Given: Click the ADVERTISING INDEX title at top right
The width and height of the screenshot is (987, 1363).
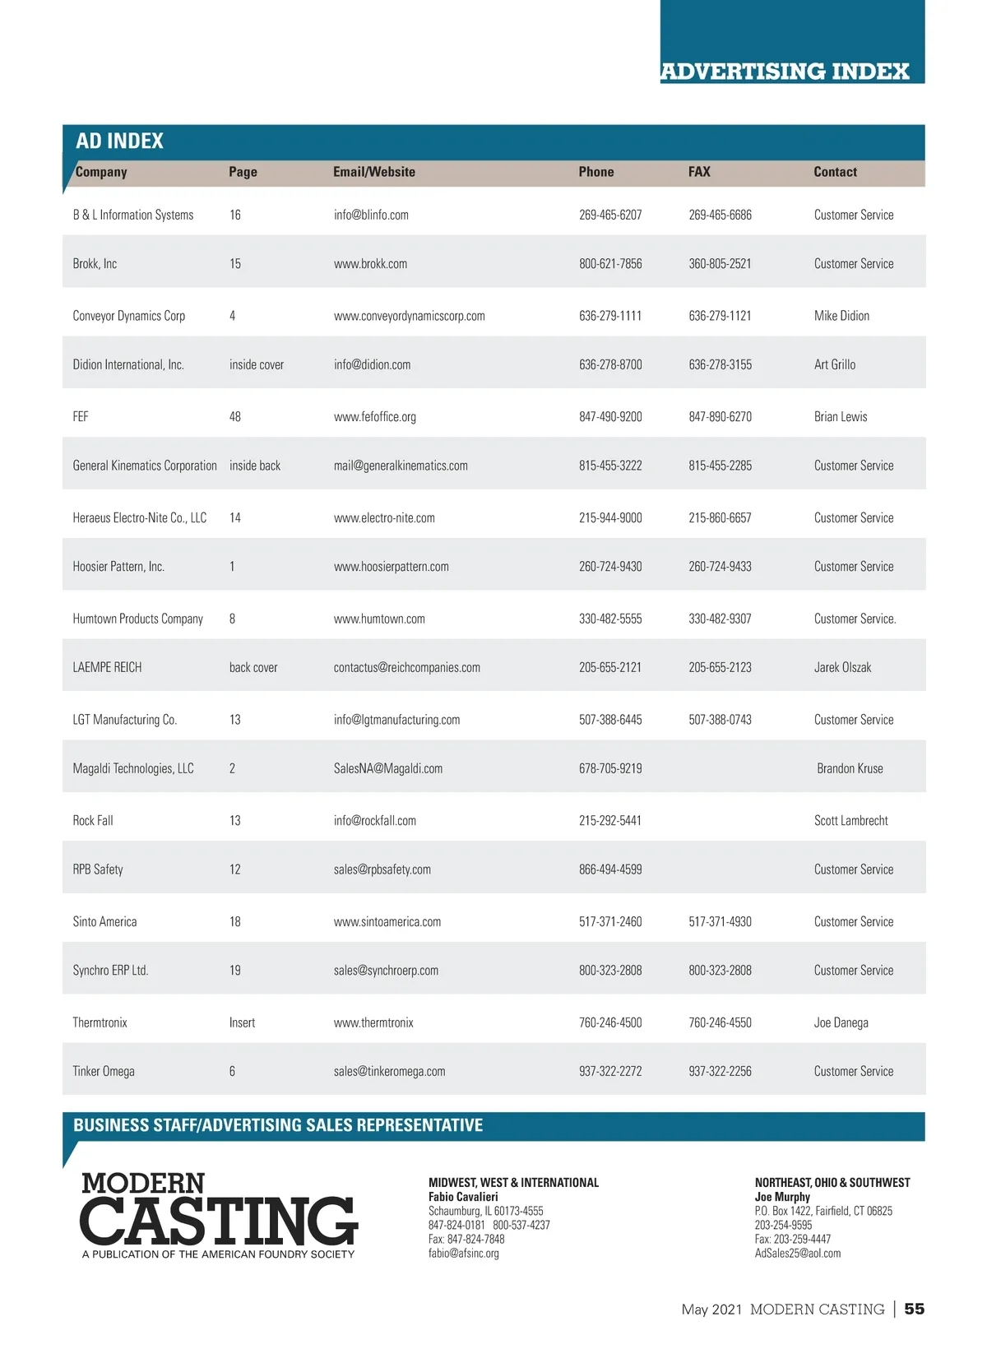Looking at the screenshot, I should point(785,72).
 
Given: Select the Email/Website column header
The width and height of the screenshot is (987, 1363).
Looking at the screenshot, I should point(373,172).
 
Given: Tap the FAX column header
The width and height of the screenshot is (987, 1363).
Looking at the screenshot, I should point(699,172).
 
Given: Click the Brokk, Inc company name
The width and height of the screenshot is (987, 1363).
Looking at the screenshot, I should point(95,264).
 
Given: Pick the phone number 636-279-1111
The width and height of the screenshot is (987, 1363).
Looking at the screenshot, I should point(609,316).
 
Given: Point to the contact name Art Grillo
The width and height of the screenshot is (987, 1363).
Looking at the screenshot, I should point(834,364).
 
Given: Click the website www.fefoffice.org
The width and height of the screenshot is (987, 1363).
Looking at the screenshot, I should point(374,417).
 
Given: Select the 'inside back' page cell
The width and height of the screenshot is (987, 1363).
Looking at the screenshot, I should point(254,466).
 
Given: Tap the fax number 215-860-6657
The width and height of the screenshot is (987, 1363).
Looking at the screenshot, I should point(720,518).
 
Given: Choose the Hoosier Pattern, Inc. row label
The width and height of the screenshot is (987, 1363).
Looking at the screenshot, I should point(118,567).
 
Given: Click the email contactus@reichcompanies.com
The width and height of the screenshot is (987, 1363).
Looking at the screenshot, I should point(406,668).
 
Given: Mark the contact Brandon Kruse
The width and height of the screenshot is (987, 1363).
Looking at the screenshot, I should point(850,768).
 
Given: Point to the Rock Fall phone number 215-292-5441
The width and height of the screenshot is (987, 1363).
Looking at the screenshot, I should point(609,821).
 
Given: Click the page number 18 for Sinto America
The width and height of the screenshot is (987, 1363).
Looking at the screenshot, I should point(235,922).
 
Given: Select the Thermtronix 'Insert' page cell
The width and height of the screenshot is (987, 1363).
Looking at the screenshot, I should point(242,1023).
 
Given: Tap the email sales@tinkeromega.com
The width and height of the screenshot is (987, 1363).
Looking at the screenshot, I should point(389,1072).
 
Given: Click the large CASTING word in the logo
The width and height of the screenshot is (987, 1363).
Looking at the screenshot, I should point(219,1221).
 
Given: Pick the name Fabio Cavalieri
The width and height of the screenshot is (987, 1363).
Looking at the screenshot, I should point(463,1197).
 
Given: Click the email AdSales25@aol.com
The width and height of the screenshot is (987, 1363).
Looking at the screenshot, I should point(797,1254).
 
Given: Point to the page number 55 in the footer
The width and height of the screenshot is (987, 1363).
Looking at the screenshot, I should point(914,1309).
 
